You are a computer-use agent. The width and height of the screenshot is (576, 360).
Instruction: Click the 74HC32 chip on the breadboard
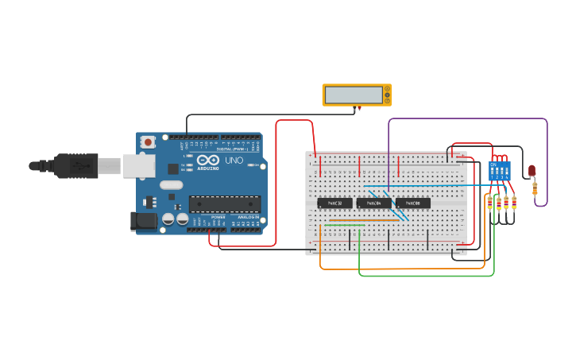pyautogui.click(x=334, y=203)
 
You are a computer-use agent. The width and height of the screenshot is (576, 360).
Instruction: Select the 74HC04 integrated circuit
pyautogui.click(x=373, y=203)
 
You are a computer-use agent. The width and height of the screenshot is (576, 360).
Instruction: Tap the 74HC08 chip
pyautogui.click(x=413, y=203)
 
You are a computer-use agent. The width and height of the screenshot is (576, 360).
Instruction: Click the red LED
pyautogui.click(x=532, y=170)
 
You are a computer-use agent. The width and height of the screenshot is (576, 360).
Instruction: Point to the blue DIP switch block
pyautogui.click(x=500, y=171)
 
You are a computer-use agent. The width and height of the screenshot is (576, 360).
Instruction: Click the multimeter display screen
pyautogui.click(x=354, y=95)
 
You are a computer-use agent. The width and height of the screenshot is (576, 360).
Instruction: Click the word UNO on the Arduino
pyautogui.click(x=234, y=161)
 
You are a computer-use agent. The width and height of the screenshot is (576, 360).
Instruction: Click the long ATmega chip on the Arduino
pyautogui.click(x=224, y=204)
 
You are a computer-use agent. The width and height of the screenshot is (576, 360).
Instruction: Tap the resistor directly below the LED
pyautogui.click(x=535, y=188)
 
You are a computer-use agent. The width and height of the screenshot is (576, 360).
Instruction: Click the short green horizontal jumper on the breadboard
pyautogui.click(x=345, y=225)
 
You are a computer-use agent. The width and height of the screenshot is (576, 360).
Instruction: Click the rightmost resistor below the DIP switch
pyautogui.click(x=514, y=203)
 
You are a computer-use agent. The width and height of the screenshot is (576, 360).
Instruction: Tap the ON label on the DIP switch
pyautogui.click(x=493, y=165)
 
